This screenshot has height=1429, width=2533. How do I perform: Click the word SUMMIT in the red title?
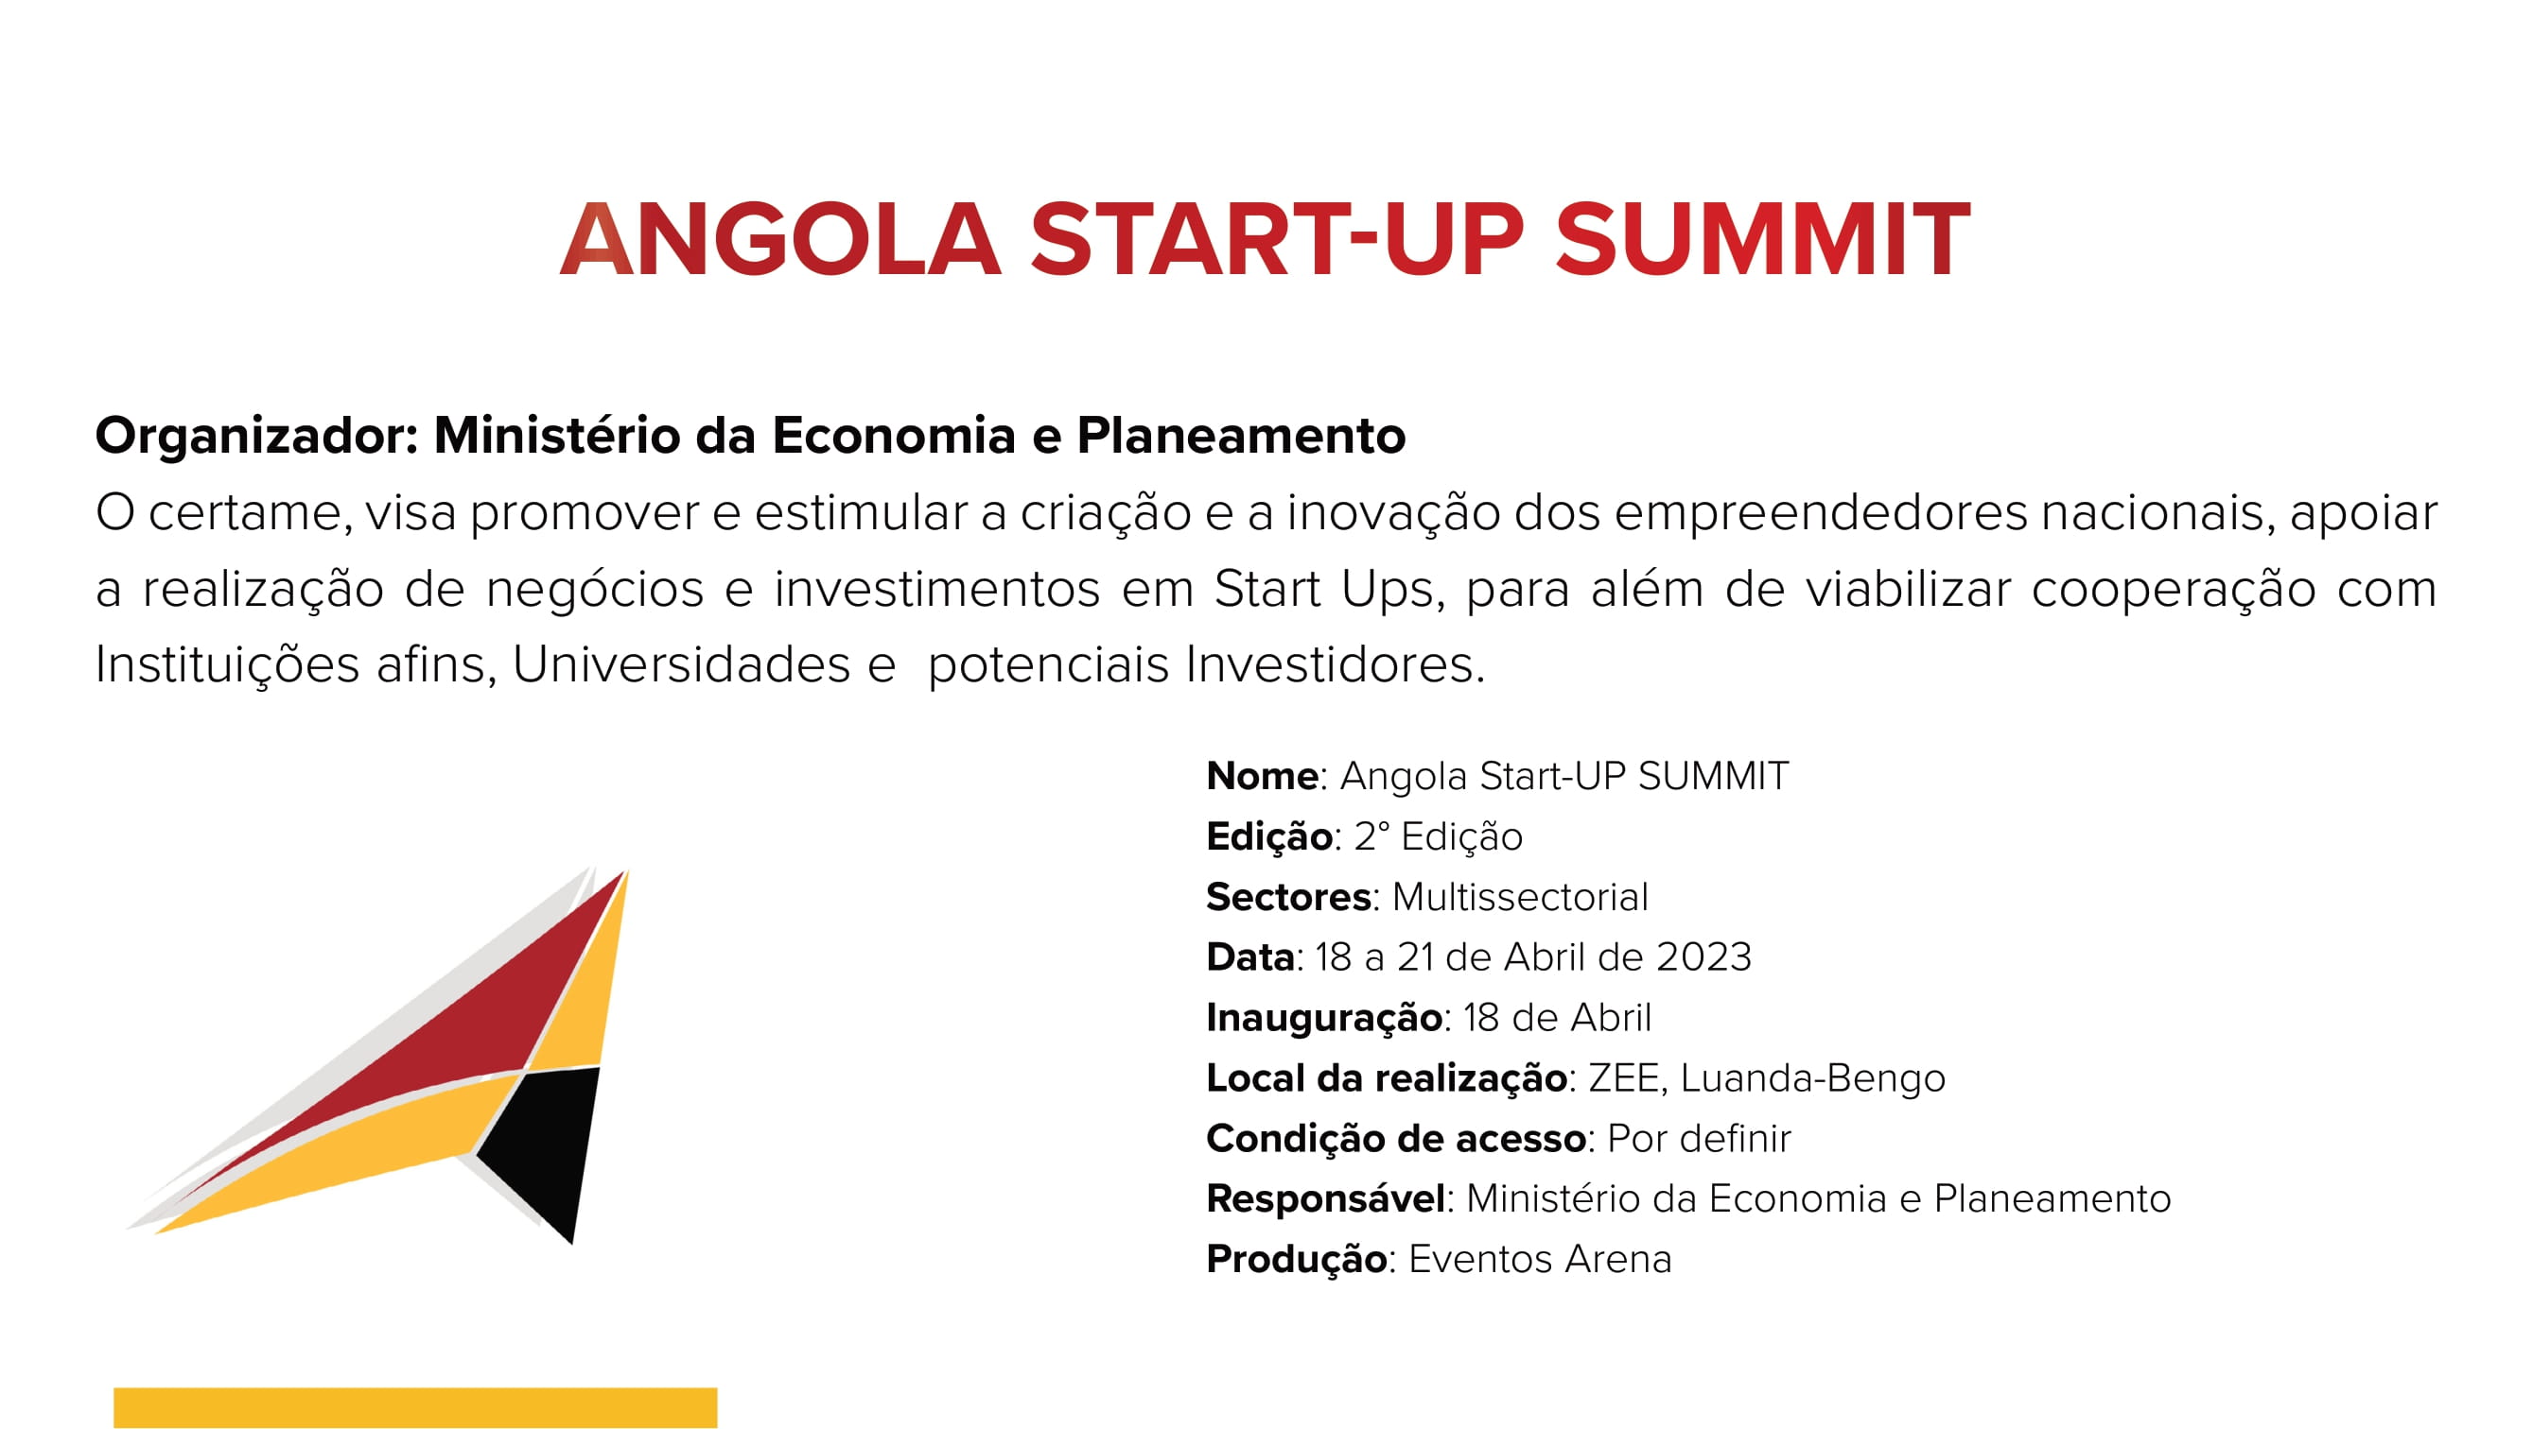[x=1762, y=239]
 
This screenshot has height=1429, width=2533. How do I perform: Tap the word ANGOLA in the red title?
[x=780, y=239]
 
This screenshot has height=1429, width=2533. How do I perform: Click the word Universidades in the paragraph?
[x=681, y=664]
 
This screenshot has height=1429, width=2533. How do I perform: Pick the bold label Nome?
[x=1262, y=777]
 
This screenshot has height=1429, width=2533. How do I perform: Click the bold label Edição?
[x=1269, y=837]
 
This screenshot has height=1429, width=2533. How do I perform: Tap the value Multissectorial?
[x=1520, y=897]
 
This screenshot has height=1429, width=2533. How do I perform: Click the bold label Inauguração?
[x=1324, y=1019]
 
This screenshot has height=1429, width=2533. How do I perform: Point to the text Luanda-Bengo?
[x=1812, y=1079]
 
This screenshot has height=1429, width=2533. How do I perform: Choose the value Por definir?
[x=1699, y=1139]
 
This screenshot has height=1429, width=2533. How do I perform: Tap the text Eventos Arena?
[x=1540, y=1260]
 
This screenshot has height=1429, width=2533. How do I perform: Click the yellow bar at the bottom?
[x=415, y=1407]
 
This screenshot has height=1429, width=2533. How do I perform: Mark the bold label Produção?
[x=1297, y=1260]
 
